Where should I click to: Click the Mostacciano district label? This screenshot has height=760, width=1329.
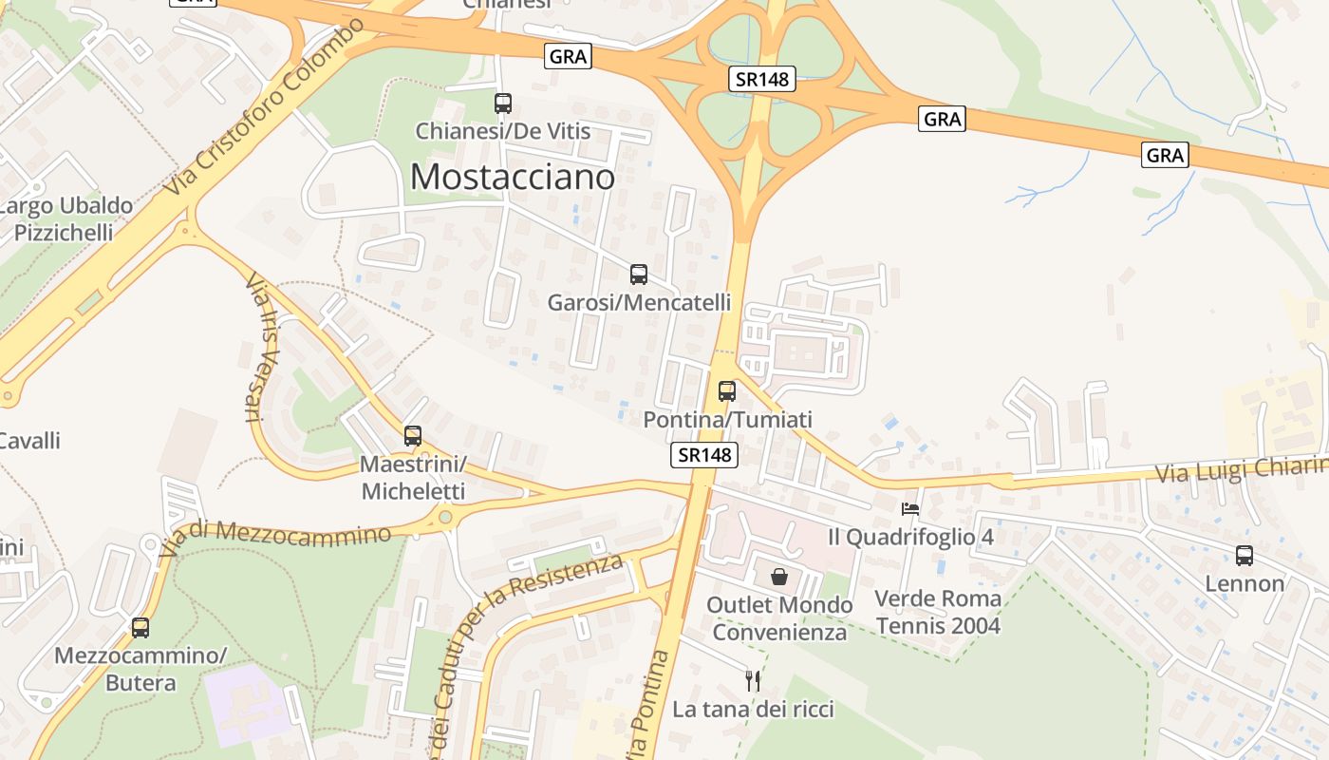(513, 176)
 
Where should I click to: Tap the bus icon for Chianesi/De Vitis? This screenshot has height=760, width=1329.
(503, 104)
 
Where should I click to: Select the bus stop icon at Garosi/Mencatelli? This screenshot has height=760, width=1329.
(639, 275)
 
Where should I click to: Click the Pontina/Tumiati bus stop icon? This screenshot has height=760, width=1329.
(727, 390)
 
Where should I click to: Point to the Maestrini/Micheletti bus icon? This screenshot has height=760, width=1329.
(413, 436)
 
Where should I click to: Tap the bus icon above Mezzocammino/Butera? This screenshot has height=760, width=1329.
(140, 627)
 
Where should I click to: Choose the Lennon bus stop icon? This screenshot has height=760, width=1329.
(1245, 556)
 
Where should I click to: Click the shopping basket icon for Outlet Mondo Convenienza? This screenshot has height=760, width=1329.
(779, 576)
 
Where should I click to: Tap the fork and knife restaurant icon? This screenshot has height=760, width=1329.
(753, 680)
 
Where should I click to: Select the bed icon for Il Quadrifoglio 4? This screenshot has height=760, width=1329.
(910, 508)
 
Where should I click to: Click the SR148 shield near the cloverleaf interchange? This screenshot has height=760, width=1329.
(762, 80)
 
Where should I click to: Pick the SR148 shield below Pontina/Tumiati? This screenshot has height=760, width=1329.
(703, 455)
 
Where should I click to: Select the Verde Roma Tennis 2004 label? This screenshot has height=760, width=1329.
(938, 612)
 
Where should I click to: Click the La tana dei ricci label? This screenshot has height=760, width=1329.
(753, 709)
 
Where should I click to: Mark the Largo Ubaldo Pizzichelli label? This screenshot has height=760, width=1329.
(65, 219)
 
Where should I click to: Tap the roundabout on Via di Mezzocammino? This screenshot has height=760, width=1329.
(444, 518)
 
